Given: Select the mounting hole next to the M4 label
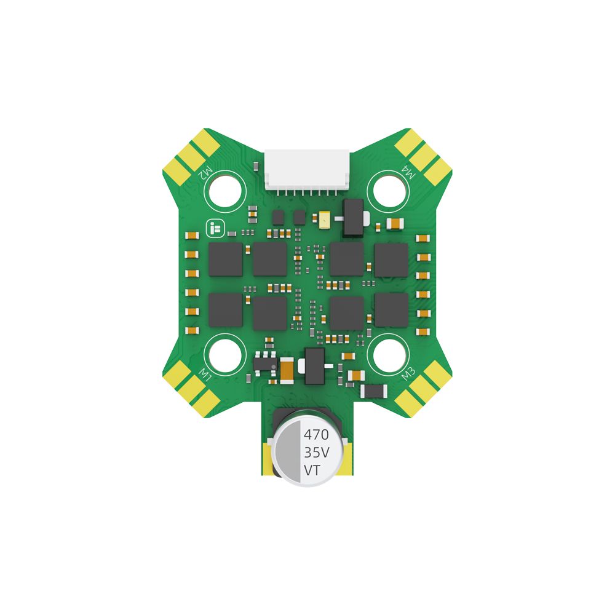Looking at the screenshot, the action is (x=389, y=191).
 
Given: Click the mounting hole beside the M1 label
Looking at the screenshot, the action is (x=225, y=355).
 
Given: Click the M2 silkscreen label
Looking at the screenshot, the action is (x=206, y=173).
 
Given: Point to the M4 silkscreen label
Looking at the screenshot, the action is (x=408, y=172).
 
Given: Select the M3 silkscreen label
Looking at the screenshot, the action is (x=408, y=374).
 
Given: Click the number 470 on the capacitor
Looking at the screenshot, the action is (x=316, y=435).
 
